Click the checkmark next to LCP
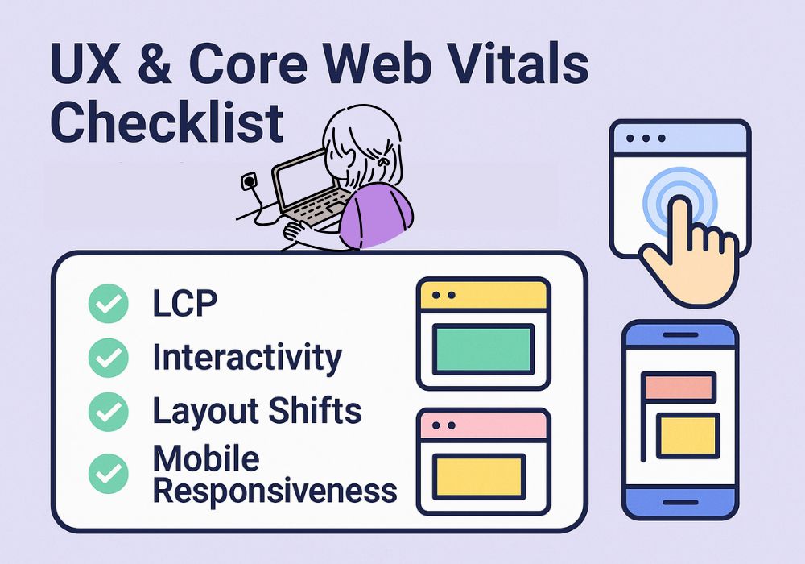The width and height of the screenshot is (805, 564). [109, 303]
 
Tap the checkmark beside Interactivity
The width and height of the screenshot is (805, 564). [109, 358]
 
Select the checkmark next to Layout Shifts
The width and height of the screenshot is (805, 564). [109, 412]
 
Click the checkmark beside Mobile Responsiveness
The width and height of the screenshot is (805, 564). [109, 474]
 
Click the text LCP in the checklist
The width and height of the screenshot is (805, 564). [185, 303]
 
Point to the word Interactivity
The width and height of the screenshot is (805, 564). [247, 358]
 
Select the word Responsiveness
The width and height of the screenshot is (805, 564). [275, 491]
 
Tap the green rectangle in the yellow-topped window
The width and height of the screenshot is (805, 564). [483, 349]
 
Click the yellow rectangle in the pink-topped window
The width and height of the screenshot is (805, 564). [479, 476]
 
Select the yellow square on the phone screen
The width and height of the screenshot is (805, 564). [687, 436]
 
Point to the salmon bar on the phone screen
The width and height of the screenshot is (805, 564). [679, 387]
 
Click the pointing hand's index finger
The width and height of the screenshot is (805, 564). [681, 218]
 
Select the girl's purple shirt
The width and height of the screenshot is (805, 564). [376, 215]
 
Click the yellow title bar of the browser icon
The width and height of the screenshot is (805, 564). [483, 296]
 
